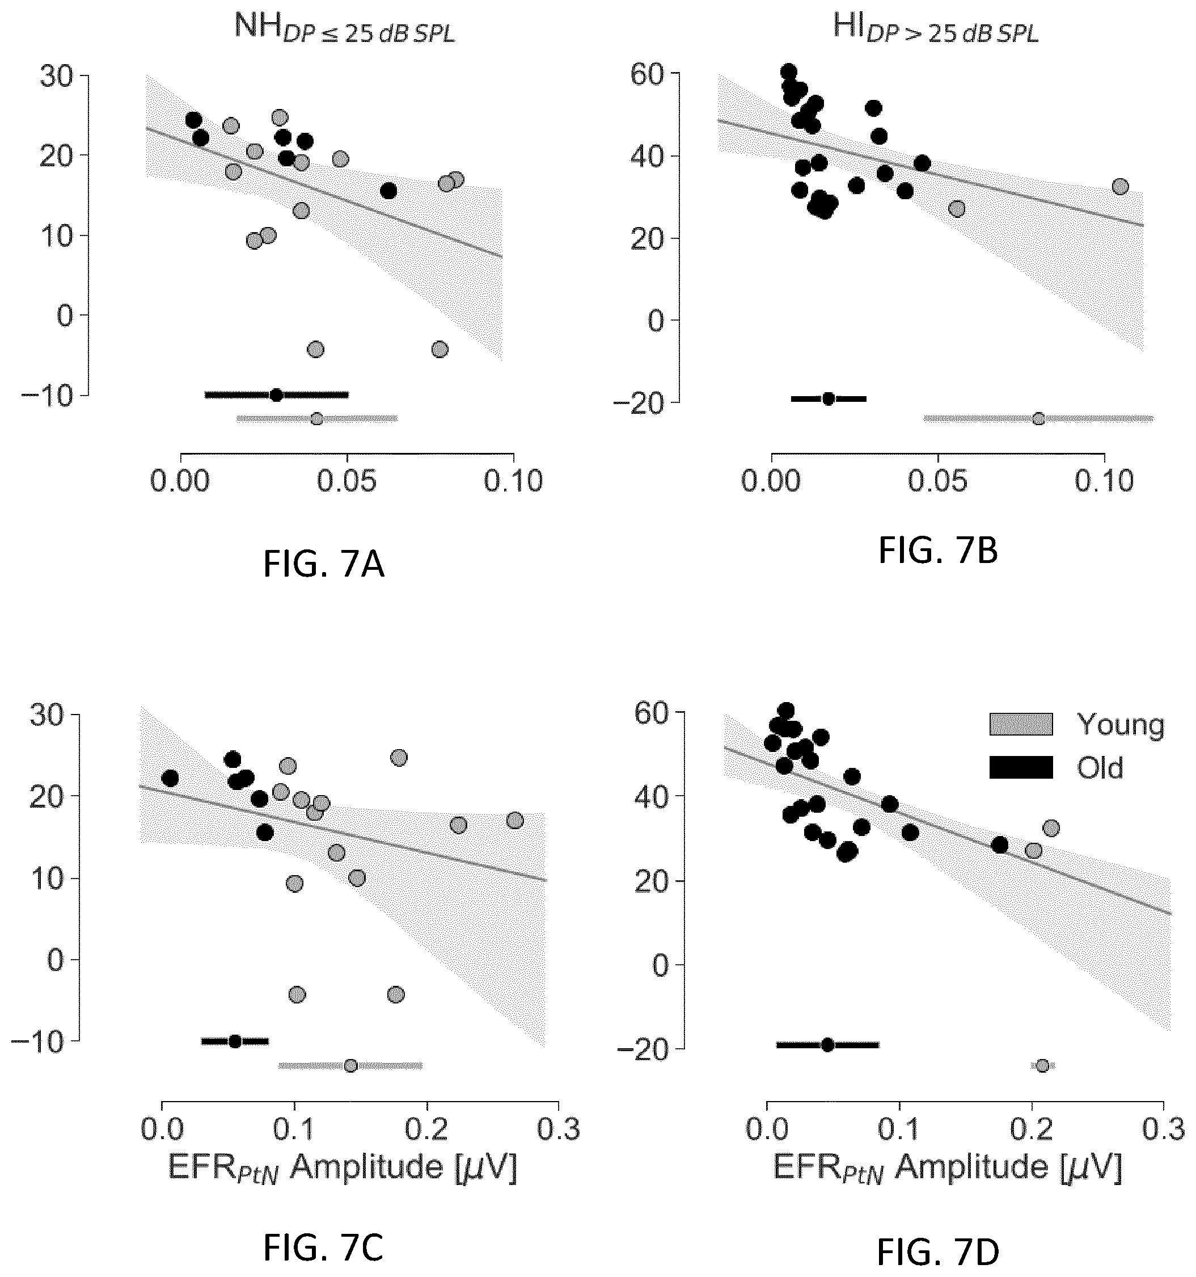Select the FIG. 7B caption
(938, 551)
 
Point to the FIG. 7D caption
(938, 1252)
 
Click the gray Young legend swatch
(1021, 724)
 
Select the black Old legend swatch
(1021, 767)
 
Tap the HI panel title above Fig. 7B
(935, 29)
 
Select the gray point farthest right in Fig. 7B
(1119, 187)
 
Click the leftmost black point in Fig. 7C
(170, 778)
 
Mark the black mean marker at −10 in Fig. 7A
(276, 394)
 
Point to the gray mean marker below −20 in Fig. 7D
(1042, 1066)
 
